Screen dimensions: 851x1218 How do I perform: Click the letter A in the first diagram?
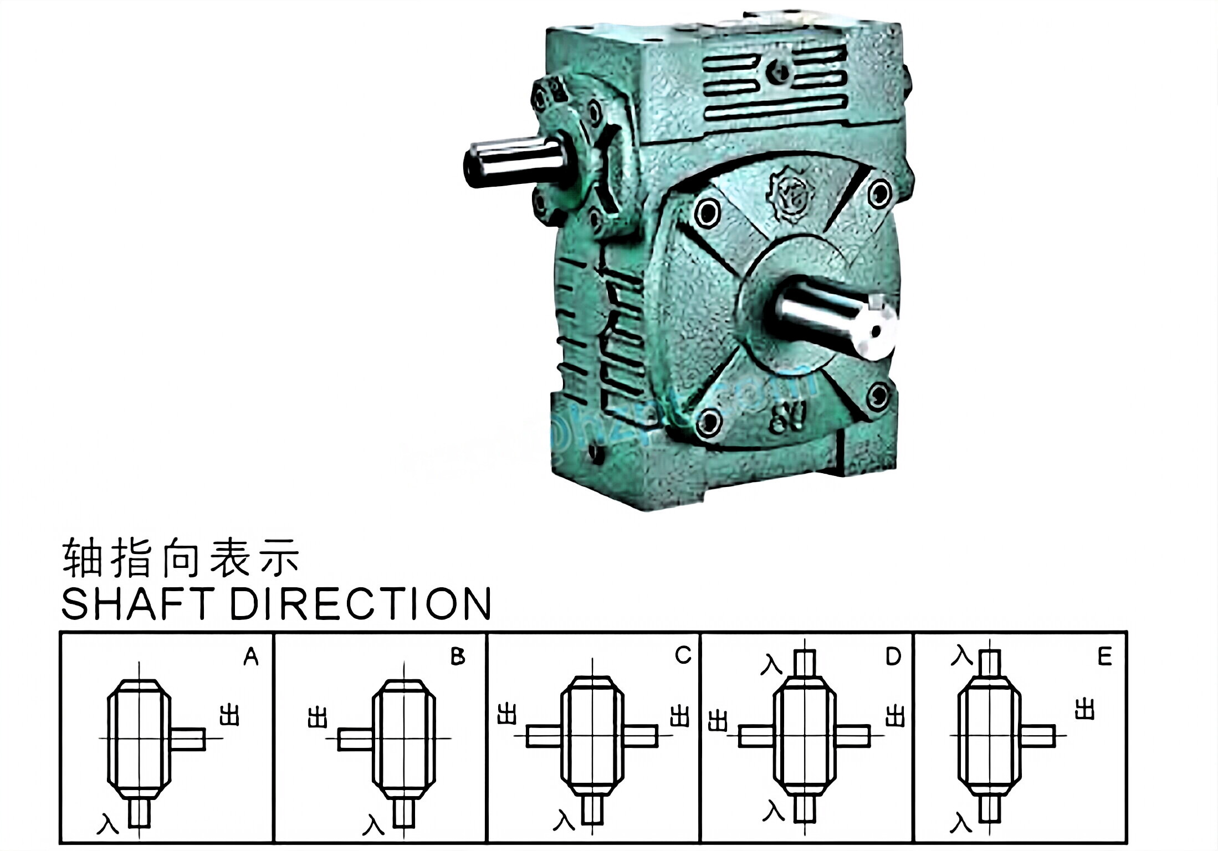click(x=251, y=657)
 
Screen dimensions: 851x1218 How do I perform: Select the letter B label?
click(x=458, y=657)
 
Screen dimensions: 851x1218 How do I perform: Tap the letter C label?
click(x=683, y=655)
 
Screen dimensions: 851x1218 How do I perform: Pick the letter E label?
click(x=1104, y=657)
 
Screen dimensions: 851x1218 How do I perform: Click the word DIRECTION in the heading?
click(x=360, y=603)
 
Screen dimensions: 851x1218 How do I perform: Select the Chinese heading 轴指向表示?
click(x=181, y=557)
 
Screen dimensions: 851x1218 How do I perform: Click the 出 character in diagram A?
click(x=229, y=715)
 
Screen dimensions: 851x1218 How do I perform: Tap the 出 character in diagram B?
click(x=318, y=718)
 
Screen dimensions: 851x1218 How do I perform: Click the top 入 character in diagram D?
click(x=771, y=664)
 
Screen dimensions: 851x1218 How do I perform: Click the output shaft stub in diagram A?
click(x=188, y=739)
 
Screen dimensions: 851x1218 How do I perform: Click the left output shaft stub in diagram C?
click(x=544, y=736)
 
